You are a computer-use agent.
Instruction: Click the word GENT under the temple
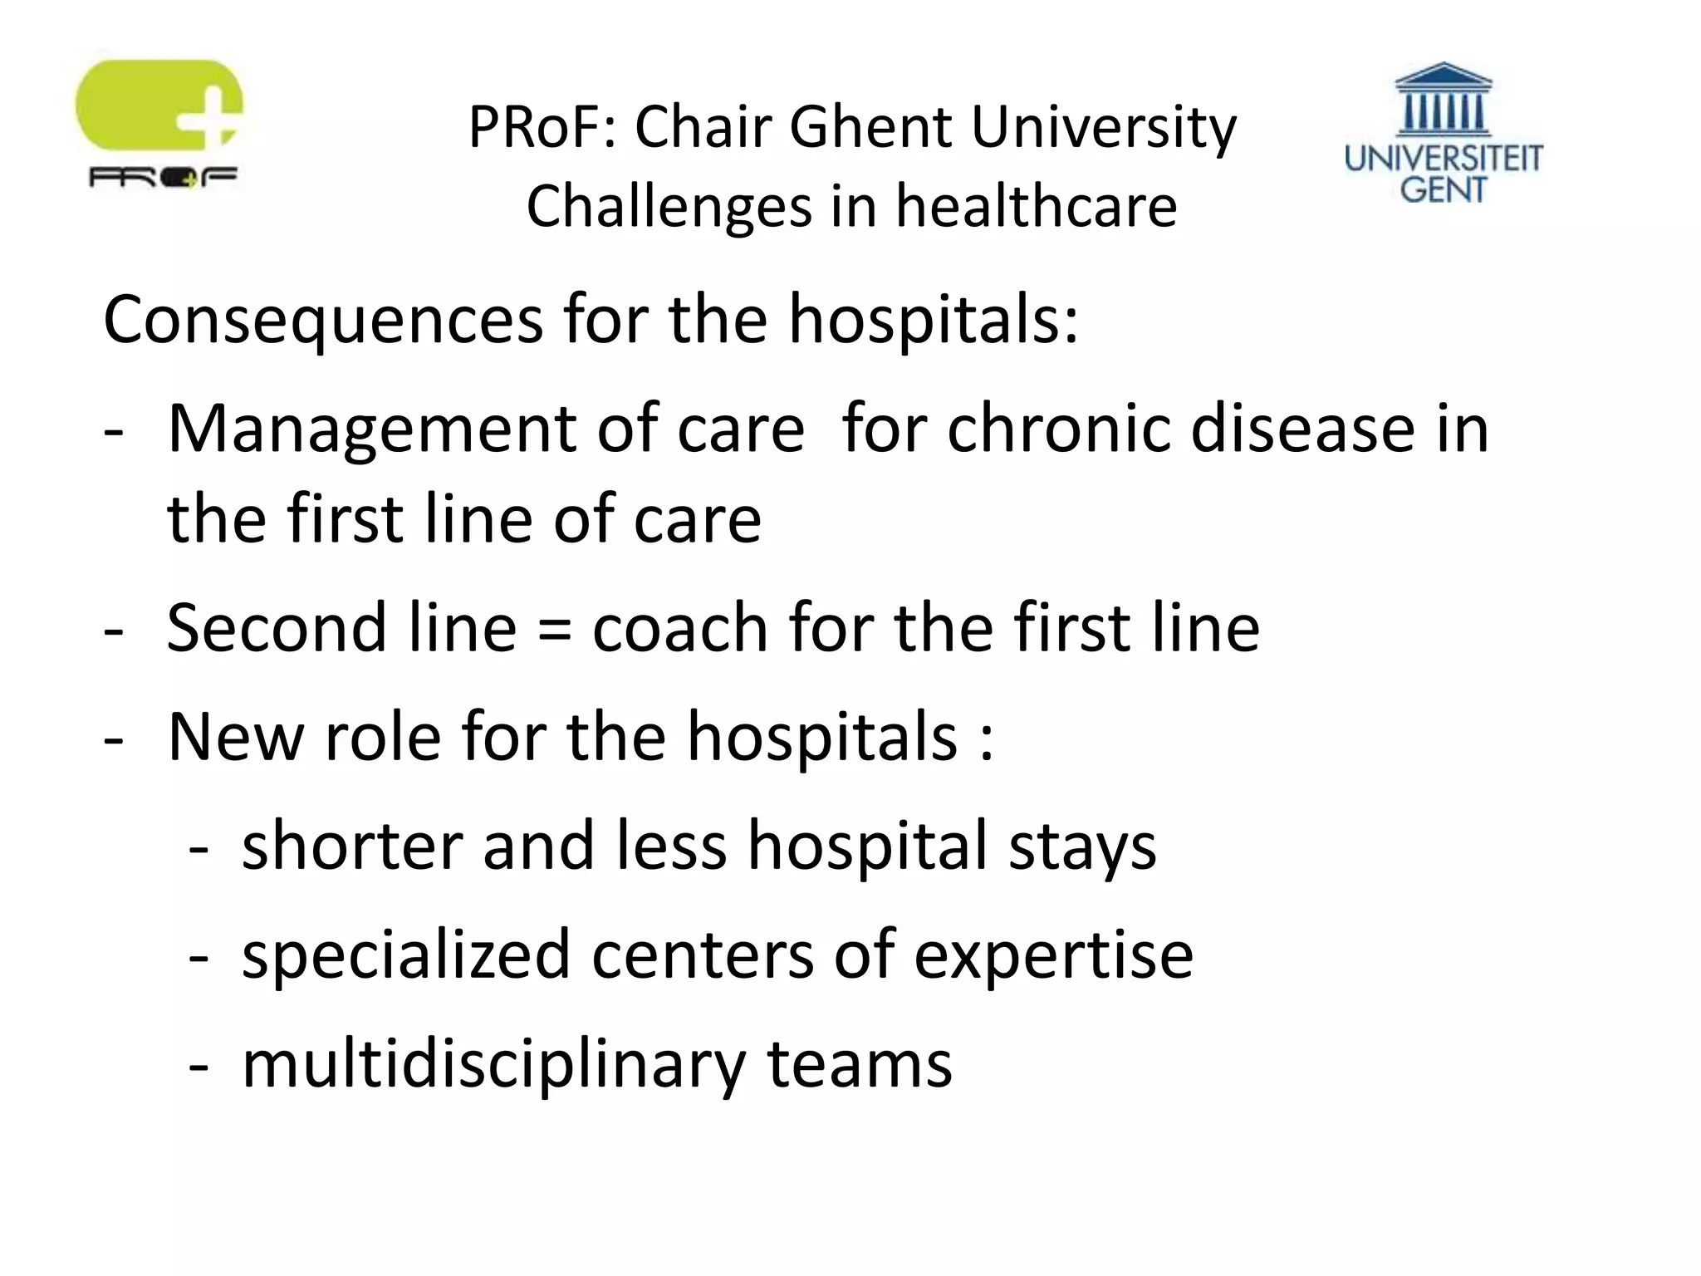(x=1443, y=189)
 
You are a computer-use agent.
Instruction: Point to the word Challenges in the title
(x=669, y=206)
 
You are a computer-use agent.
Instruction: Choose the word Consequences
(x=323, y=320)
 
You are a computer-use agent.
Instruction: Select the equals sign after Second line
(x=554, y=629)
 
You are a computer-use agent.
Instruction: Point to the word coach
(x=679, y=627)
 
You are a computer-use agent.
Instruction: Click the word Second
(x=277, y=627)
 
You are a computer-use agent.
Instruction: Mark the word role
(x=382, y=737)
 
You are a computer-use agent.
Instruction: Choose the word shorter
(x=352, y=846)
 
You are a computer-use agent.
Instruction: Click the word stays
(x=1082, y=847)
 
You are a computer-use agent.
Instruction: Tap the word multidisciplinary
(x=494, y=1066)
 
